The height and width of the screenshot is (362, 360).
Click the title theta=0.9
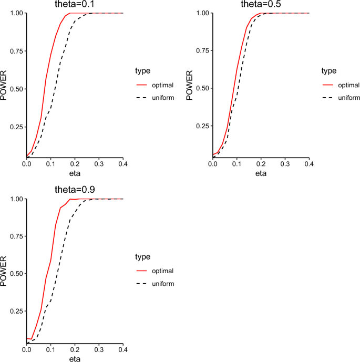click(75, 191)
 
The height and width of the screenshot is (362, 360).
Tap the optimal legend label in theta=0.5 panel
click(348, 85)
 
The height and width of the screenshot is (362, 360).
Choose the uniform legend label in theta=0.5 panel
click(348, 98)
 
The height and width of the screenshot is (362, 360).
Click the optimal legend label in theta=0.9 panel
click(162, 271)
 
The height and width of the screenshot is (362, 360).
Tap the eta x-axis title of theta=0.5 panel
click(261, 173)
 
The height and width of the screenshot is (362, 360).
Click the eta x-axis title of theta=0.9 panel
click(75, 359)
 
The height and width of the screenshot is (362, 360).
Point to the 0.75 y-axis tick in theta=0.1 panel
click(16, 51)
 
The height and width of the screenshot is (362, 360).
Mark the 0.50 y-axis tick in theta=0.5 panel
click(202, 89)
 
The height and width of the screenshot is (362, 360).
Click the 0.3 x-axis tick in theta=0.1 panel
click(99, 164)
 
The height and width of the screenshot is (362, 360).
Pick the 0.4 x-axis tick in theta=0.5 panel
click(309, 164)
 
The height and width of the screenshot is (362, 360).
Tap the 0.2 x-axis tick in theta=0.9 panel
click(75, 350)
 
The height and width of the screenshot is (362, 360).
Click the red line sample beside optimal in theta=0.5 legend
click(328, 85)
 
